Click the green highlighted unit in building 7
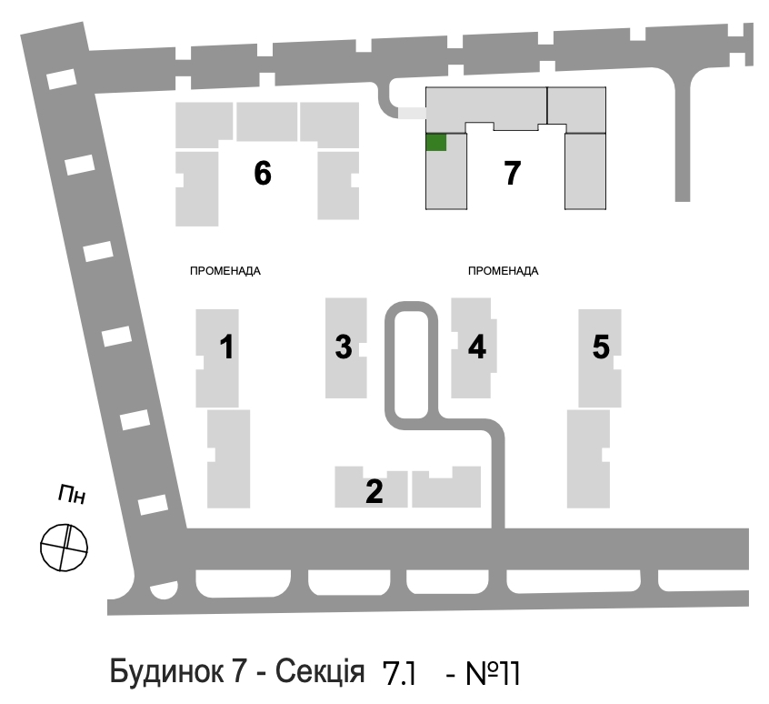(436, 142)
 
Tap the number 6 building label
(263, 173)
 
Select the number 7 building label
(512, 173)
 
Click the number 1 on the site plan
(226, 347)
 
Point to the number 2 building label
(375, 491)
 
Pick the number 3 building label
(344, 347)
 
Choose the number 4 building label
(476, 347)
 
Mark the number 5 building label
(601, 347)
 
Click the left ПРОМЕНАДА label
(225, 271)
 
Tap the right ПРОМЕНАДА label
(504, 271)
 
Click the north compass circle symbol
(64, 547)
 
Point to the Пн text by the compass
(72, 494)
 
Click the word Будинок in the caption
(165, 671)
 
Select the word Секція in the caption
(320, 671)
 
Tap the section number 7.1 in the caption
(399, 673)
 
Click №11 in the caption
(492, 673)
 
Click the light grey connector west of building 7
(412, 113)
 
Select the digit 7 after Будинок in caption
(237, 671)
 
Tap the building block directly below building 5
(588, 458)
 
